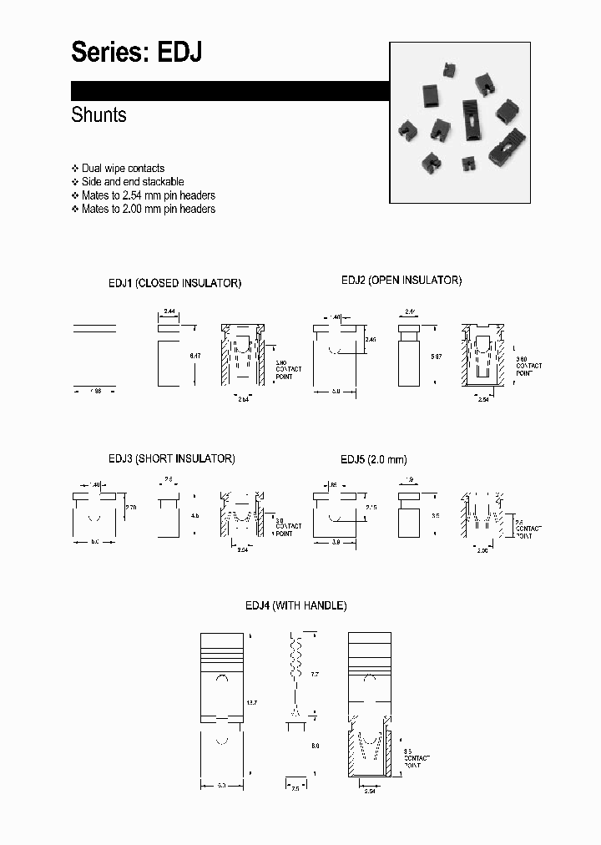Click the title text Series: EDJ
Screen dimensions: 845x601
[x=136, y=53]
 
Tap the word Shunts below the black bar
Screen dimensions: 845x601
[x=98, y=115]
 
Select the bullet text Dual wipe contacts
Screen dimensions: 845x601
[x=123, y=169]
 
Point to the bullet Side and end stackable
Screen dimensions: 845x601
[x=133, y=182]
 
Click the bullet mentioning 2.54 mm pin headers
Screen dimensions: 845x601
[x=148, y=195]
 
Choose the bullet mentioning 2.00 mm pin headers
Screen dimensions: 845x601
[x=148, y=209]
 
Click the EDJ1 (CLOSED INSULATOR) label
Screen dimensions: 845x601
[x=174, y=283]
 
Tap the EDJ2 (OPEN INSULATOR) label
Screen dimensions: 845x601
[x=401, y=281]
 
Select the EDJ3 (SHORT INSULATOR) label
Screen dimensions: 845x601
[x=171, y=458]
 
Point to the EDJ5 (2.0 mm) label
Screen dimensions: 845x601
[x=373, y=459]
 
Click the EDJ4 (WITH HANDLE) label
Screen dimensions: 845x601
[x=295, y=605]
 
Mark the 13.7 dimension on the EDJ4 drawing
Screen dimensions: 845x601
[x=250, y=704]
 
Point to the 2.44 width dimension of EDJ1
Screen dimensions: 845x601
[x=169, y=311]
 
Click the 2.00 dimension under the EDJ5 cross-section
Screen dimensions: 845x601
[x=482, y=550]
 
